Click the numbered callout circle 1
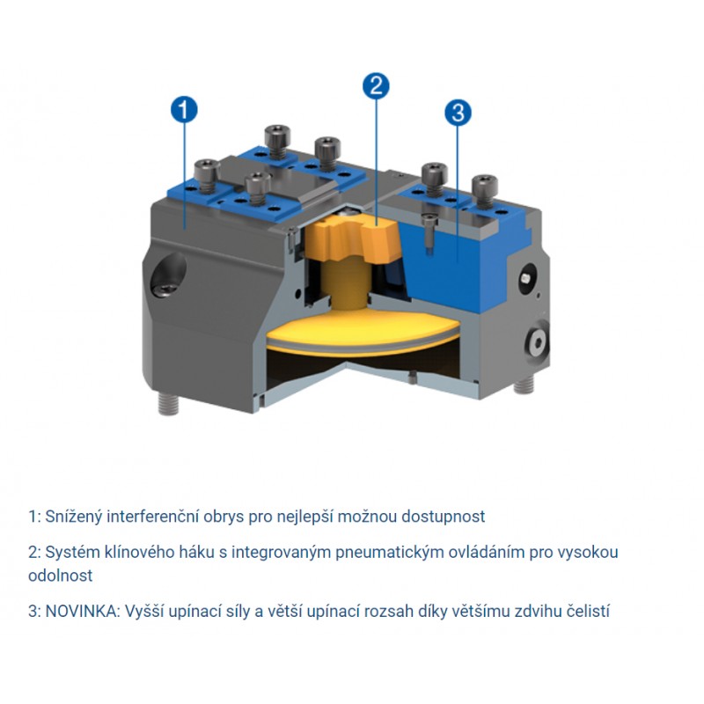(x=184, y=109)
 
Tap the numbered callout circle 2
(x=376, y=85)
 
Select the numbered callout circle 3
(x=458, y=113)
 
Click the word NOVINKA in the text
(x=81, y=611)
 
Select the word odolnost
(x=60, y=576)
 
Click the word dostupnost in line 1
(x=444, y=517)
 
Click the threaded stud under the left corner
(x=168, y=404)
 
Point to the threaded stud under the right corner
(x=524, y=384)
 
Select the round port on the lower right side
(x=537, y=343)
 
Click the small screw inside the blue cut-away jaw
(x=429, y=231)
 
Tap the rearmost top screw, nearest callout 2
(x=277, y=141)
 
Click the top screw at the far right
(x=485, y=191)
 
